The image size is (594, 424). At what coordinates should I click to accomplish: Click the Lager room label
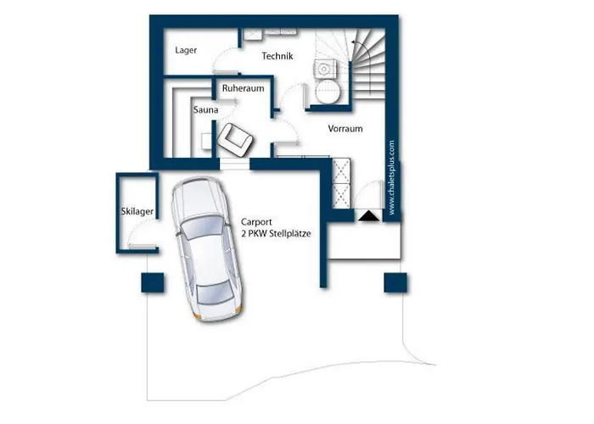[186, 50]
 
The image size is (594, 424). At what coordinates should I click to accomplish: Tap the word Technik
[277, 56]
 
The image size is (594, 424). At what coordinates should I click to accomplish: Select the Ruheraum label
[244, 88]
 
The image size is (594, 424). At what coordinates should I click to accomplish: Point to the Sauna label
[205, 109]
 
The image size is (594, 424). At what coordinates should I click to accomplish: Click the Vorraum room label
[345, 129]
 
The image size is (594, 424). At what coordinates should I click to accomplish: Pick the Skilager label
[137, 212]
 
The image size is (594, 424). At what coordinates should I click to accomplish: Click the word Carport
[256, 222]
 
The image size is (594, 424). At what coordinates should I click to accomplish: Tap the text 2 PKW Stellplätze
[276, 233]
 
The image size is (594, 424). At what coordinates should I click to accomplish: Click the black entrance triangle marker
[368, 216]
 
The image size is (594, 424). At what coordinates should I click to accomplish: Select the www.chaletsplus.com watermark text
[392, 178]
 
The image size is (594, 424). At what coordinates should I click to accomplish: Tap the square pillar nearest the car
[153, 282]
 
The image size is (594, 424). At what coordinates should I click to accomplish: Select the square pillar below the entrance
[395, 282]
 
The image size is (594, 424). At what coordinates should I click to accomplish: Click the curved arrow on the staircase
[363, 49]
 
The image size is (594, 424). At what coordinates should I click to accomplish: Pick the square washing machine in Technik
[325, 69]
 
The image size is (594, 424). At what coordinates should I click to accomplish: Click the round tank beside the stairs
[326, 92]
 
